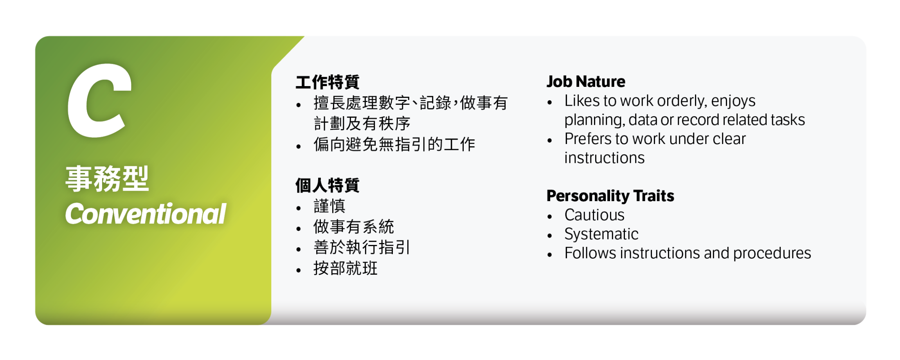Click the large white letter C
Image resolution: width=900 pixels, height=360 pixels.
click(x=99, y=101)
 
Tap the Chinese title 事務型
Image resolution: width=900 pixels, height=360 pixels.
click(x=107, y=179)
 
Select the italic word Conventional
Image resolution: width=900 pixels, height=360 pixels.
click(x=146, y=214)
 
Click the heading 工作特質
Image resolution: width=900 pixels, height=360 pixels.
click(x=328, y=82)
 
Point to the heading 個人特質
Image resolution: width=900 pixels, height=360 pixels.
click(x=328, y=185)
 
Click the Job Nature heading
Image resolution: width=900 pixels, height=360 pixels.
click(x=586, y=81)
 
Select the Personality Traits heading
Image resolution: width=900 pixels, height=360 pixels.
click(x=610, y=196)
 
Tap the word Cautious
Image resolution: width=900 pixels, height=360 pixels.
click(x=594, y=215)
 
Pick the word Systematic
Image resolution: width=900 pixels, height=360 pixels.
click(x=601, y=234)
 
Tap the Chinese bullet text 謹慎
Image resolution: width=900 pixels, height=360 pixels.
click(x=329, y=206)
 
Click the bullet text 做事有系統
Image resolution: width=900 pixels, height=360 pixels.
click(x=353, y=227)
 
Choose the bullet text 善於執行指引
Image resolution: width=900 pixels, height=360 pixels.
click(x=362, y=248)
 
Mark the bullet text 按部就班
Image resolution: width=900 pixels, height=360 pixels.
click(x=345, y=268)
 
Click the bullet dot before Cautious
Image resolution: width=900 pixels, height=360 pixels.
click(x=550, y=216)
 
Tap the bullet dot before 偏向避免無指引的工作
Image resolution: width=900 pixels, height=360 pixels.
click(x=299, y=147)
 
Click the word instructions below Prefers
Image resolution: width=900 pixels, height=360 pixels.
click(x=604, y=158)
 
